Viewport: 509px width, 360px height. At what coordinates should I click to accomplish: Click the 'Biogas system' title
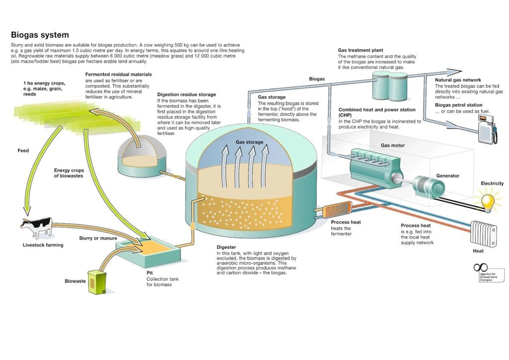click(40, 35)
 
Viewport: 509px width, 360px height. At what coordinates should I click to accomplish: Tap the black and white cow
click(36, 228)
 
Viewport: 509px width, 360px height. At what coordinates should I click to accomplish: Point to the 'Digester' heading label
click(226, 247)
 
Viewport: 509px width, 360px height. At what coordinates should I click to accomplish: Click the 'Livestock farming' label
click(43, 245)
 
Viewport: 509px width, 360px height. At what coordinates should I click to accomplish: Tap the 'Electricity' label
click(492, 183)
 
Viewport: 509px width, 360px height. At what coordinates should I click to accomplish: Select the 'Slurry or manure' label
click(98, 238)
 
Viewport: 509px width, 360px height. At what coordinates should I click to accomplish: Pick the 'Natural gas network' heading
click(458, 80)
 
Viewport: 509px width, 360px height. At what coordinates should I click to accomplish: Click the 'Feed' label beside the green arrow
click(23, 151)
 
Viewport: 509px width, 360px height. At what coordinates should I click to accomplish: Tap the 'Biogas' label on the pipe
click(317, 79)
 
